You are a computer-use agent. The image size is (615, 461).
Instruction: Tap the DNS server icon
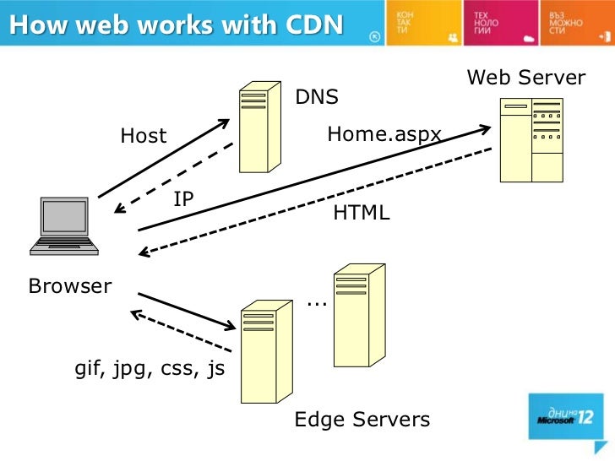pyautogui.click(x=258, y=127)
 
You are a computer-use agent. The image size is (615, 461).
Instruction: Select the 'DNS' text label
pyautogui.click(x=316, y=97)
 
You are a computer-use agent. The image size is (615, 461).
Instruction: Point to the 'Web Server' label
pyautogui.click(x=525, y=78)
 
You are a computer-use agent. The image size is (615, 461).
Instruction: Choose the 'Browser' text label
pyautogui.click(x=70, y=286)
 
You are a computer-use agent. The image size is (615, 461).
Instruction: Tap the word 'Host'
pyautogui.click(x=144, y=136)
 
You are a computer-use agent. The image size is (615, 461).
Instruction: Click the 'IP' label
pyautogui.click(x=183, y=198)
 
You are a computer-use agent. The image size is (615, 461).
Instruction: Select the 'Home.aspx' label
pyautogui.click(x=384, y=133)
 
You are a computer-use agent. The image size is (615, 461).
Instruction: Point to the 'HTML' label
pyautogui.click(x=362, y=214)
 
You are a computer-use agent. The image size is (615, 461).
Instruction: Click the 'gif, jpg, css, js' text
pyautogui.click(x=150, y=369)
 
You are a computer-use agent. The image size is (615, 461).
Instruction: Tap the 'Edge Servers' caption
pyautogui.click(x=362, y=420)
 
